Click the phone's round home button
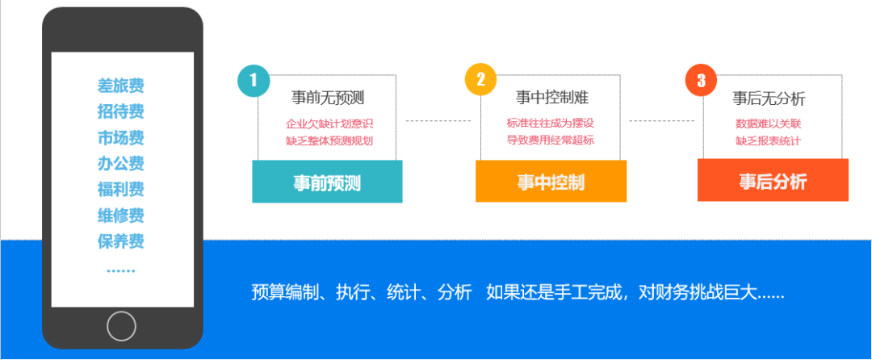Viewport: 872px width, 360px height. click(121, 326)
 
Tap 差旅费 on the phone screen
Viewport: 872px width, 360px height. click(121, 86)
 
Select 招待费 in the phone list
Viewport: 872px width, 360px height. click(121, 111)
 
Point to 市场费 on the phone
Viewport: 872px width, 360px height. click(121, 137)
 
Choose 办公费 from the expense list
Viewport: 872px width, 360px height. click(121, 164)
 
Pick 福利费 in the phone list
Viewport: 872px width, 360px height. click(121, 190)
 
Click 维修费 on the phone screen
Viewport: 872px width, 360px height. click(121, 216)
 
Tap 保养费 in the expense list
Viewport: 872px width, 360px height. click(121, 241)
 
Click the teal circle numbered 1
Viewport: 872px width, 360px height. click(254, 80)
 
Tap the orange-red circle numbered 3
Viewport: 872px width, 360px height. click(701, 80)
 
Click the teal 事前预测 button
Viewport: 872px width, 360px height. click(327, 182)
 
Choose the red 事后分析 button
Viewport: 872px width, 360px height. click(773, 181)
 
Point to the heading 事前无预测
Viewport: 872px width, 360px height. click(328, 98)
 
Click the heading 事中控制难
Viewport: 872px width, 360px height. click(551, 98)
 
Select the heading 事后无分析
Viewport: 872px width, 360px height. click(769, 99)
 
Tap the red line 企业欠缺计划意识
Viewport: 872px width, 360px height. click(329, 124)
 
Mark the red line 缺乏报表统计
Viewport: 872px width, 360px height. click(768, 141)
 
